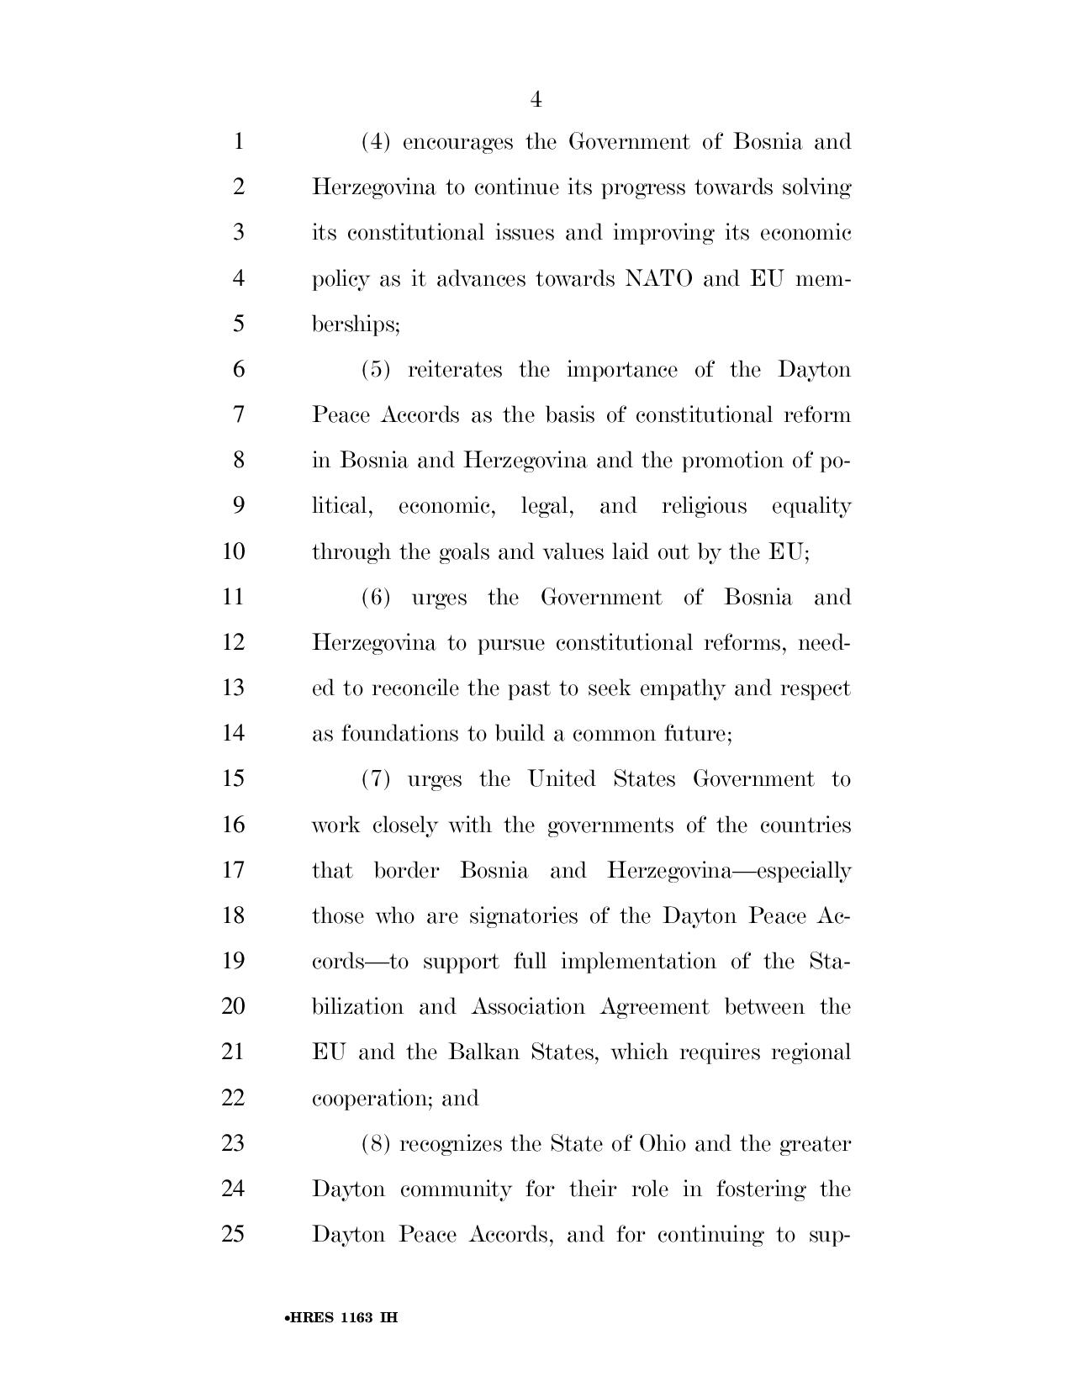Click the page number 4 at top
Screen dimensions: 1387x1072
536,100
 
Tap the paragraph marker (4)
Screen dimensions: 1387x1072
376,142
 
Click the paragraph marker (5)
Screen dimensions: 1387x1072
376,370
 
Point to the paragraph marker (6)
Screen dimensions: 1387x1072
376,598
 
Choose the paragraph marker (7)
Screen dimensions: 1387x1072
376,779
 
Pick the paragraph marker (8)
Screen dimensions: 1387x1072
376,1144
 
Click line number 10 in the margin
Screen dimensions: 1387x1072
233,552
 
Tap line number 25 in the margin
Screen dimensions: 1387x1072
233,1235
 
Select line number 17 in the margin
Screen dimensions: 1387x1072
233,870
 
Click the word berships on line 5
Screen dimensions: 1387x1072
356,324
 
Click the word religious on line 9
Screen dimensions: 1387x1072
704,506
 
